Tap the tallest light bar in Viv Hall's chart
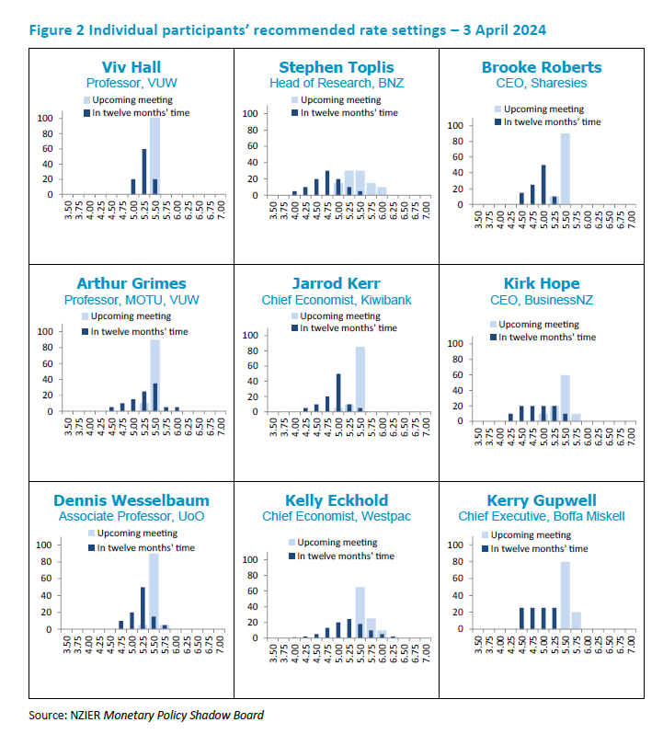(154, 156)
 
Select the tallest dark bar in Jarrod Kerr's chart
(338, 392)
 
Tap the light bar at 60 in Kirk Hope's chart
(565, 397)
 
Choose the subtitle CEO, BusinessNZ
(554, 300)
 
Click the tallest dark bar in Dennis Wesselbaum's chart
(143, 608)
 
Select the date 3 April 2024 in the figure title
(494, 30)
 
